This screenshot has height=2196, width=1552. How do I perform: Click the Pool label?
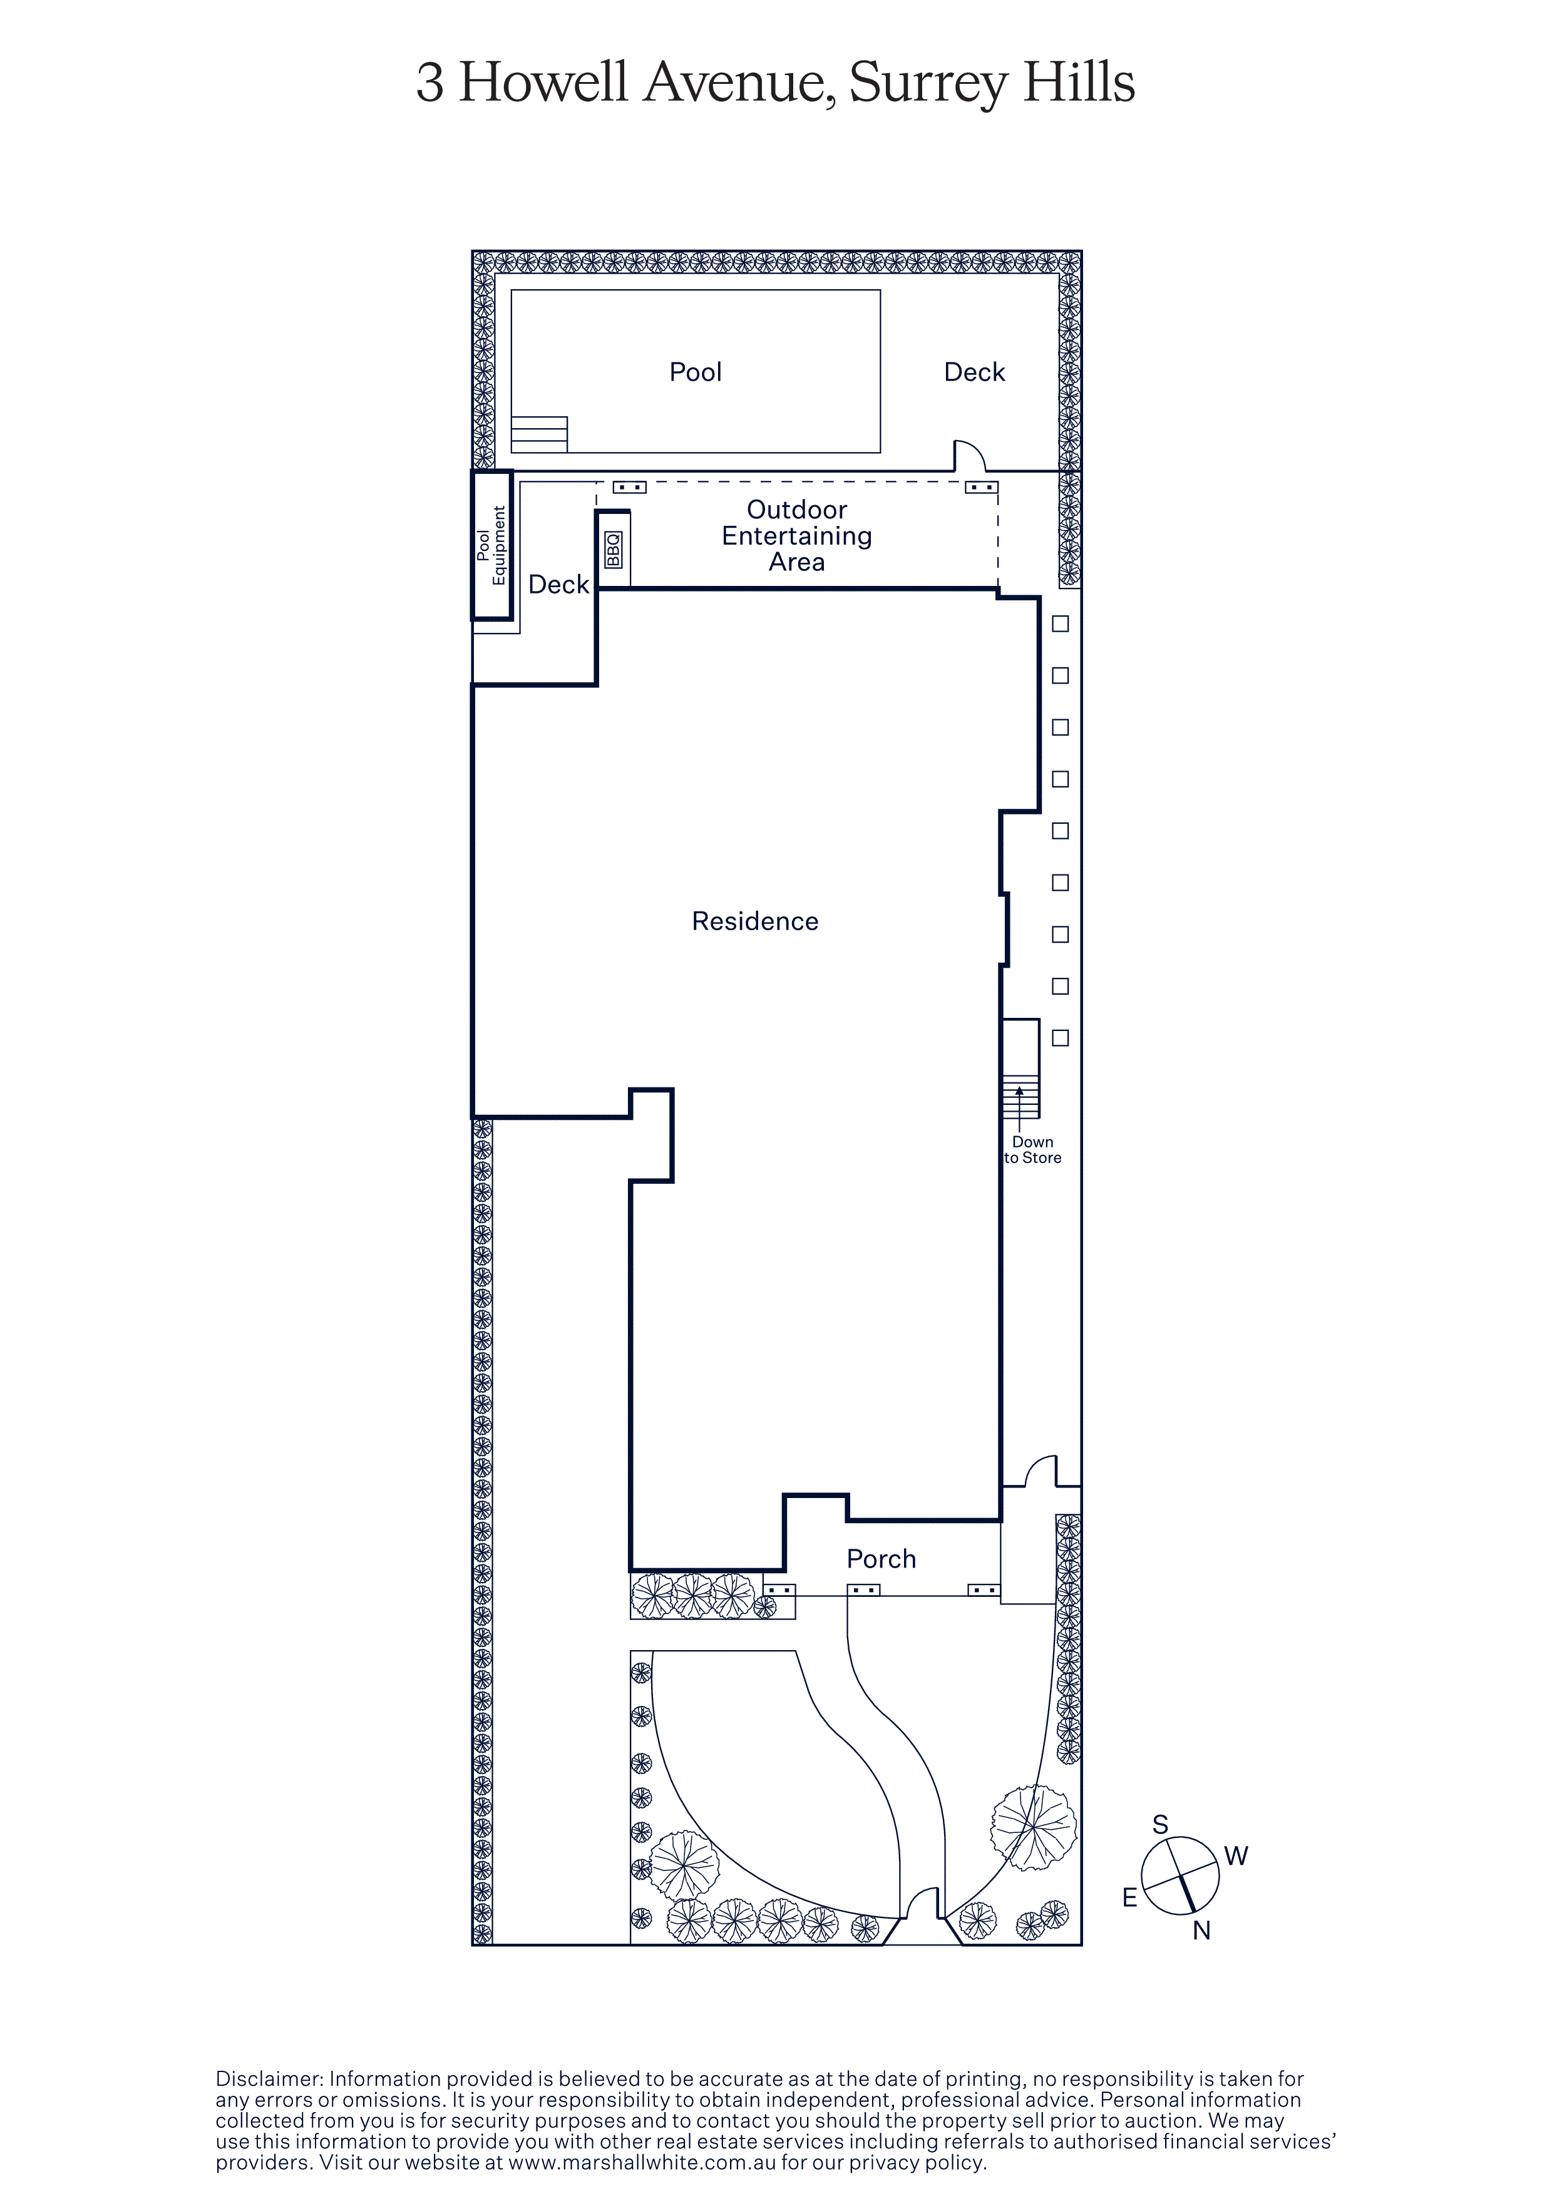[695, 372]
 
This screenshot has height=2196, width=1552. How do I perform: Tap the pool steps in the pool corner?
[539, 434]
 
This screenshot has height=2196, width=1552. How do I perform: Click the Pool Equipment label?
[491, 545]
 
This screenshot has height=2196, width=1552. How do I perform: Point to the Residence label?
[756, 921]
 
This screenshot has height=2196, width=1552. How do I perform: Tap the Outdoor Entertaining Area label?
[796, 536]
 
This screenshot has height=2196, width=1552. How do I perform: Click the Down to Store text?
[1033, 1150]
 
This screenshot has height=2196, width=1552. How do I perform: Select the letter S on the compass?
[1161, 1825]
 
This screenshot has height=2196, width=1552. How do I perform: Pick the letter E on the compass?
[1129, 1897]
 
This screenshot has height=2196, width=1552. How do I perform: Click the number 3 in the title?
[430, 83]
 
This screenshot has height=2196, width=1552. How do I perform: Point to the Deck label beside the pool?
[974, 372]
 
